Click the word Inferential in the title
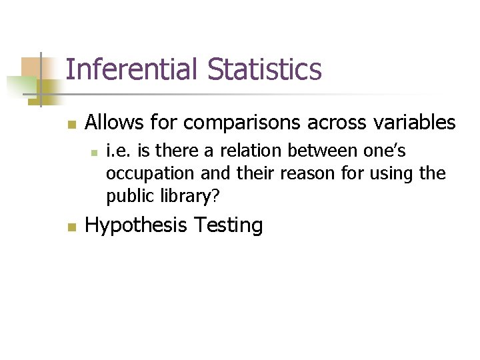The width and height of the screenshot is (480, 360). [133, 69]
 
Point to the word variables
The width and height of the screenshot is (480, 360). [417, 123]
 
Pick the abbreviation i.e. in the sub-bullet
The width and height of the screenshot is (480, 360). [117, 152]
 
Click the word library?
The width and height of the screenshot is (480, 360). [187, 197]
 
